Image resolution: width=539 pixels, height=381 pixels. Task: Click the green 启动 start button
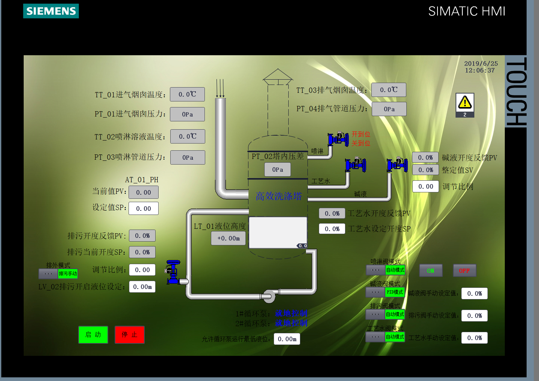[93, 334]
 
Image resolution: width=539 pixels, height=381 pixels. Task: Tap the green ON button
[431, 271]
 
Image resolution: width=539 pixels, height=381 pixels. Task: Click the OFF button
[464, 271]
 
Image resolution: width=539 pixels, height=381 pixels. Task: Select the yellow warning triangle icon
[465, 102]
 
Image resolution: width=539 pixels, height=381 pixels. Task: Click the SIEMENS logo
[51, 11]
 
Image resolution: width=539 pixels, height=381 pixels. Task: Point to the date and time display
[481, 67]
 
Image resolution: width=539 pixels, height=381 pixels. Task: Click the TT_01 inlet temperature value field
[187, 94]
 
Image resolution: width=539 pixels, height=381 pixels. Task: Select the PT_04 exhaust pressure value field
[389, 109]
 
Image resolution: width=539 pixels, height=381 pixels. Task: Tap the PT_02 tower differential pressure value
[277, 169]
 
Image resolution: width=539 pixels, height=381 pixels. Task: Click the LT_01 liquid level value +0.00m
[229, 238]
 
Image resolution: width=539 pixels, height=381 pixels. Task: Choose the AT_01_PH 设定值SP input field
[144, 209]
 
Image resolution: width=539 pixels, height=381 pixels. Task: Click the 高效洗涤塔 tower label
[279, 196]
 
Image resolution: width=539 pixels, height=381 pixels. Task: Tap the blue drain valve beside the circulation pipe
[173, 272]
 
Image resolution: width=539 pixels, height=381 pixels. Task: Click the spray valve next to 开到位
[338, 139]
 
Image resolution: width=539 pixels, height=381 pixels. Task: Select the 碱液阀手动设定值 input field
[474, 293]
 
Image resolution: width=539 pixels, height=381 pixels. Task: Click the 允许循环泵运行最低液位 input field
[287, 339]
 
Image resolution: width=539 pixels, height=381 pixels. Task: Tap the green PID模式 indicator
[395, 292]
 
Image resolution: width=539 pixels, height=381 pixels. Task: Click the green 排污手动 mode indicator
[68, 274]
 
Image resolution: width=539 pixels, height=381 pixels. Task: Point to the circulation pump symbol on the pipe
[269, 296]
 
